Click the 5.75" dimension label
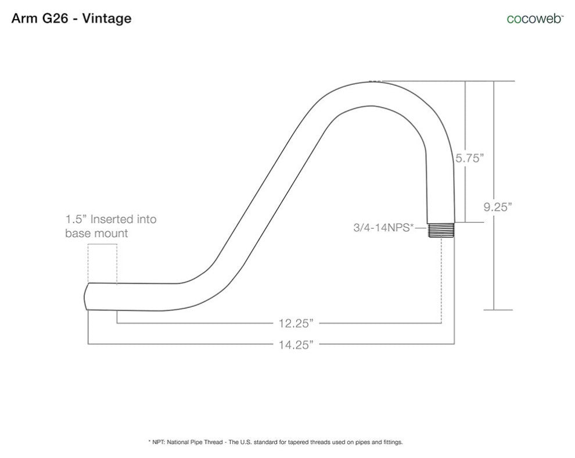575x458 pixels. tap(470, 158)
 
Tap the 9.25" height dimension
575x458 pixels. tap(498, 207)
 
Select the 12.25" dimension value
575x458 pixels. tap(296, 324)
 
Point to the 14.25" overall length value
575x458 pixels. tap(296, 345)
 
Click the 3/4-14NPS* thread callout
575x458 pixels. tap(383, 227)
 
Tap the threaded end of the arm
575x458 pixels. tap(441, 231)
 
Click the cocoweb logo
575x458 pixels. tap(535, 19)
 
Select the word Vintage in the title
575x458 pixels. tap(107, 19)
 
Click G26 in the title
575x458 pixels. tap(55, 19)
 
